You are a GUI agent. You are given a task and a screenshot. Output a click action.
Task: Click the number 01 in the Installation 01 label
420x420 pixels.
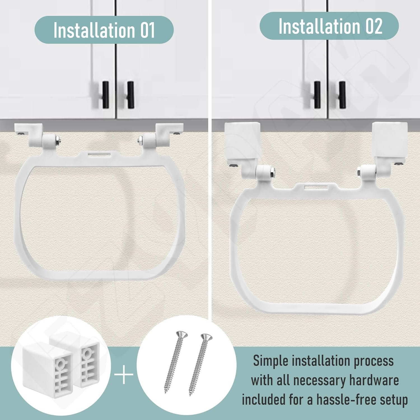click(147, 30)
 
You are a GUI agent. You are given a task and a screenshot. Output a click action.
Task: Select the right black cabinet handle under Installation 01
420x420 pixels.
click(130, 95)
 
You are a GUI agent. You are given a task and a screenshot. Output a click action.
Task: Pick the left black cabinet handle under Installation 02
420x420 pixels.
click(317, 95)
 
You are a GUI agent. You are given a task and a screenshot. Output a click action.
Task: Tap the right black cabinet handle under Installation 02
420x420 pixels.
click(342, 95)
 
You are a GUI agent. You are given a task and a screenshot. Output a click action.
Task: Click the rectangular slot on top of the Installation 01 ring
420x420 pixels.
click(99, 154)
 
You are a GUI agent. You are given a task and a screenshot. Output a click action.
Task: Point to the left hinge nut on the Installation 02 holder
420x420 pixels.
click(272, 171)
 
